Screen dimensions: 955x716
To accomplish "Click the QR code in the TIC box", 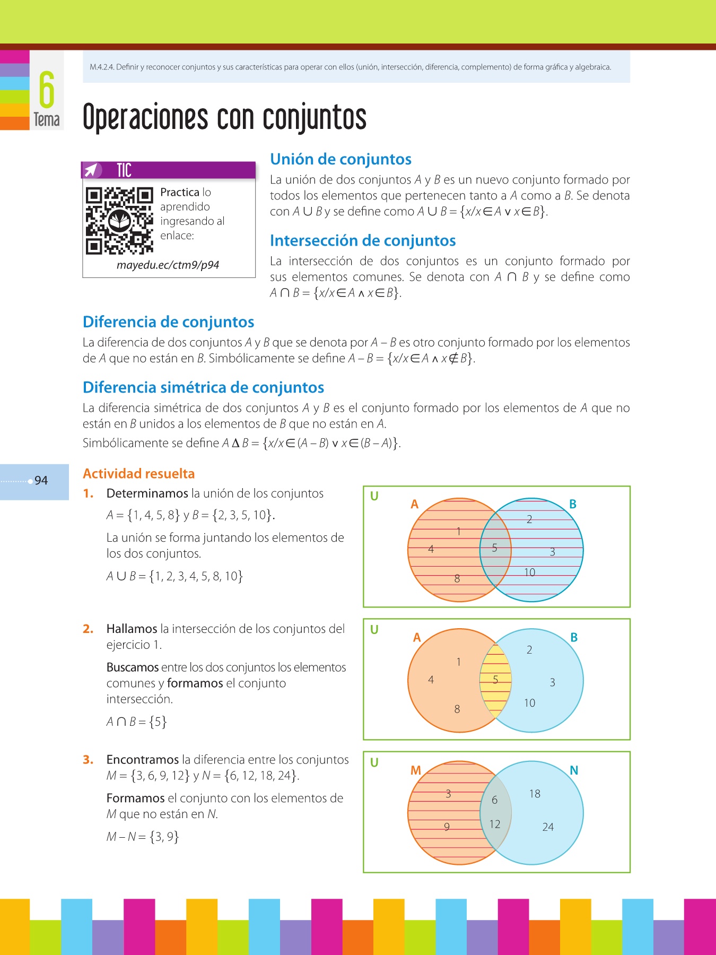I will (119, 221).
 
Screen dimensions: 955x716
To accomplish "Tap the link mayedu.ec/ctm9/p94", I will (168, 265).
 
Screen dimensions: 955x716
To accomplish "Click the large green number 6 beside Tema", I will (47, 90).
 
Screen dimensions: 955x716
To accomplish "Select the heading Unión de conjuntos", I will (340, 159).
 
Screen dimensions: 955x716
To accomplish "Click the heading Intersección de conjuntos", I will (363, 241).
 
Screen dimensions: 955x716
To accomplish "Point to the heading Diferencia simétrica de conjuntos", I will (203, 387).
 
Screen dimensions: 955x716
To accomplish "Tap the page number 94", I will (41, 481).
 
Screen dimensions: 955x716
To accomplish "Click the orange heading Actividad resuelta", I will (138, 474).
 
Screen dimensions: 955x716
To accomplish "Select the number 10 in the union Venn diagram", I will (529, 572).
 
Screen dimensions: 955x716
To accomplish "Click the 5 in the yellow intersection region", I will (495, 680).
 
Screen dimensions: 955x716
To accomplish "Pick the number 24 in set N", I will (548, 827).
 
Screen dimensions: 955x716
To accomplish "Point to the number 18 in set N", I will (535, 794).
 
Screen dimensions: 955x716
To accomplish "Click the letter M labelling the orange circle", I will (416, 770).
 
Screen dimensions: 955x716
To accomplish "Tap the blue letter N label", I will (573, 770).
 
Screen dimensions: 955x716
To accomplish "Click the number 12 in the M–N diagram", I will (494, 824).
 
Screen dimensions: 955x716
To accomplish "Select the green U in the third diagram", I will (374, 763).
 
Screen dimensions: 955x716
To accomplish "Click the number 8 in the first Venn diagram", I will (457, 579).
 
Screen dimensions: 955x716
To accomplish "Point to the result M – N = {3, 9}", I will (143, 837).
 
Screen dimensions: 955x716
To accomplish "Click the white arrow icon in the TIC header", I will (92, 170).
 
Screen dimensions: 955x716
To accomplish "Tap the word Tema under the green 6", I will (47, 120).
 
